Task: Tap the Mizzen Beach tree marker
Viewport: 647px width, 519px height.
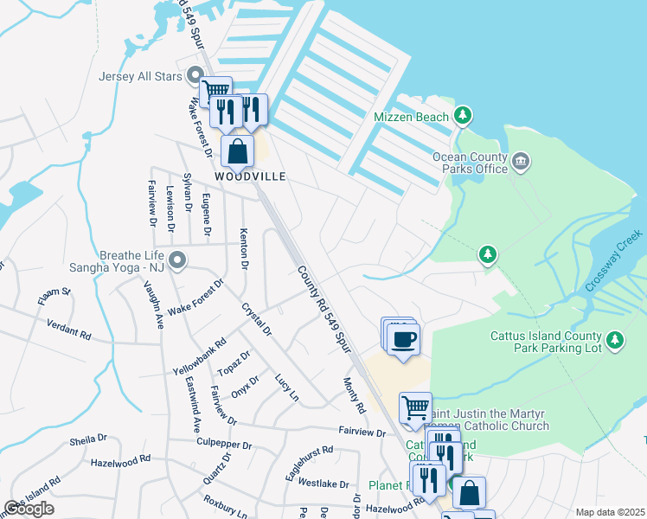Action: [x=464, y=115]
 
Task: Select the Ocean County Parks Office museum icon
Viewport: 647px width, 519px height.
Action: [x=521, y=161]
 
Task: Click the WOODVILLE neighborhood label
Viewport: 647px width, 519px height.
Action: [x=251, y=176]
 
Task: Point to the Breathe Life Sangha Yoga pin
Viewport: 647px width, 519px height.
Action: [x=177, y=259]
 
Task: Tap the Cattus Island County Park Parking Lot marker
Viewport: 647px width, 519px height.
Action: [x=615, y=340]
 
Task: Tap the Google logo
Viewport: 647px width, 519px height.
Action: [x=29, y=509]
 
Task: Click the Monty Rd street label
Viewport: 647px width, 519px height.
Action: [x=355, y=394]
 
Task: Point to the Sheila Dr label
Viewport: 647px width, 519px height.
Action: [x=87, y=440]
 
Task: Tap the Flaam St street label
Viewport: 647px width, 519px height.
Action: [x=54, y=298]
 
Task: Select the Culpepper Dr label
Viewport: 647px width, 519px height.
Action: [x=223, y=445]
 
